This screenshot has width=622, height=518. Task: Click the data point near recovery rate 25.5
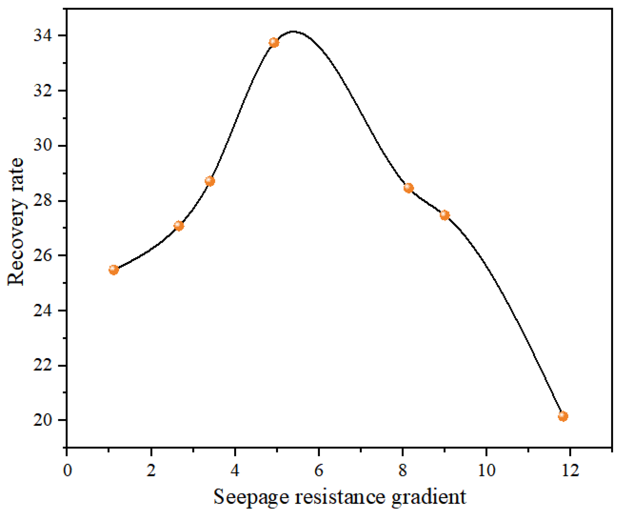[114, 270]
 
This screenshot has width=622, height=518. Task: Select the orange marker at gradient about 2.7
[179, 225]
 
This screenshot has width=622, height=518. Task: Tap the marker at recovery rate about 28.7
[210, 181]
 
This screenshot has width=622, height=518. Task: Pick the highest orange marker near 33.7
[274, 43]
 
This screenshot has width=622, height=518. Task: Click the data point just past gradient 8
[409, 188]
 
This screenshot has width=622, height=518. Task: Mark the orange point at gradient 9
[445, 215]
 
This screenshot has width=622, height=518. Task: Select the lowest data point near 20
[563, 416]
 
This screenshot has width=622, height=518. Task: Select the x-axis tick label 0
[67, 471]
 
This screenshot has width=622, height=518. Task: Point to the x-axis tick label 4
[235, 471]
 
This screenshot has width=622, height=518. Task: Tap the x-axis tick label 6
[319, 471]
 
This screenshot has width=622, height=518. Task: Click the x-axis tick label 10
[486, 471]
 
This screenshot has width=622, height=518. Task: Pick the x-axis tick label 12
[570, 471]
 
